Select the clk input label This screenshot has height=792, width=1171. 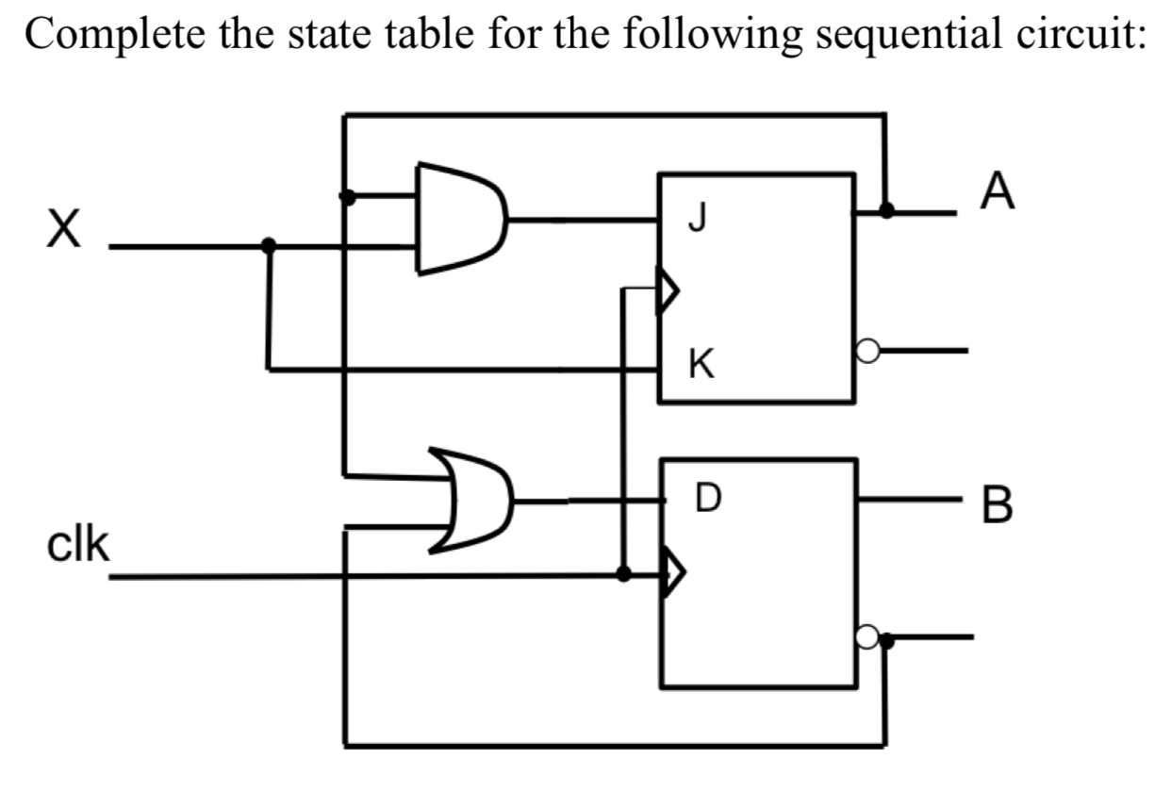(77, 545)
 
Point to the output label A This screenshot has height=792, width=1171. (998, 192)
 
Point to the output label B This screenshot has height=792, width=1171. (998, 506)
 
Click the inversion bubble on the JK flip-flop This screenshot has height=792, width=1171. (866, 352)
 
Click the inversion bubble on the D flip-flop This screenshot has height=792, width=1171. (867, 638)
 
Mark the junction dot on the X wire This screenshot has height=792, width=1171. (269, 246)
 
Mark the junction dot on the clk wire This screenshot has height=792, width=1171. (623, 573)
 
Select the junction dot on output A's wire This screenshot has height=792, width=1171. (885, 210)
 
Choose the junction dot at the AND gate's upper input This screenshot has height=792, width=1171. (347, 196)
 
